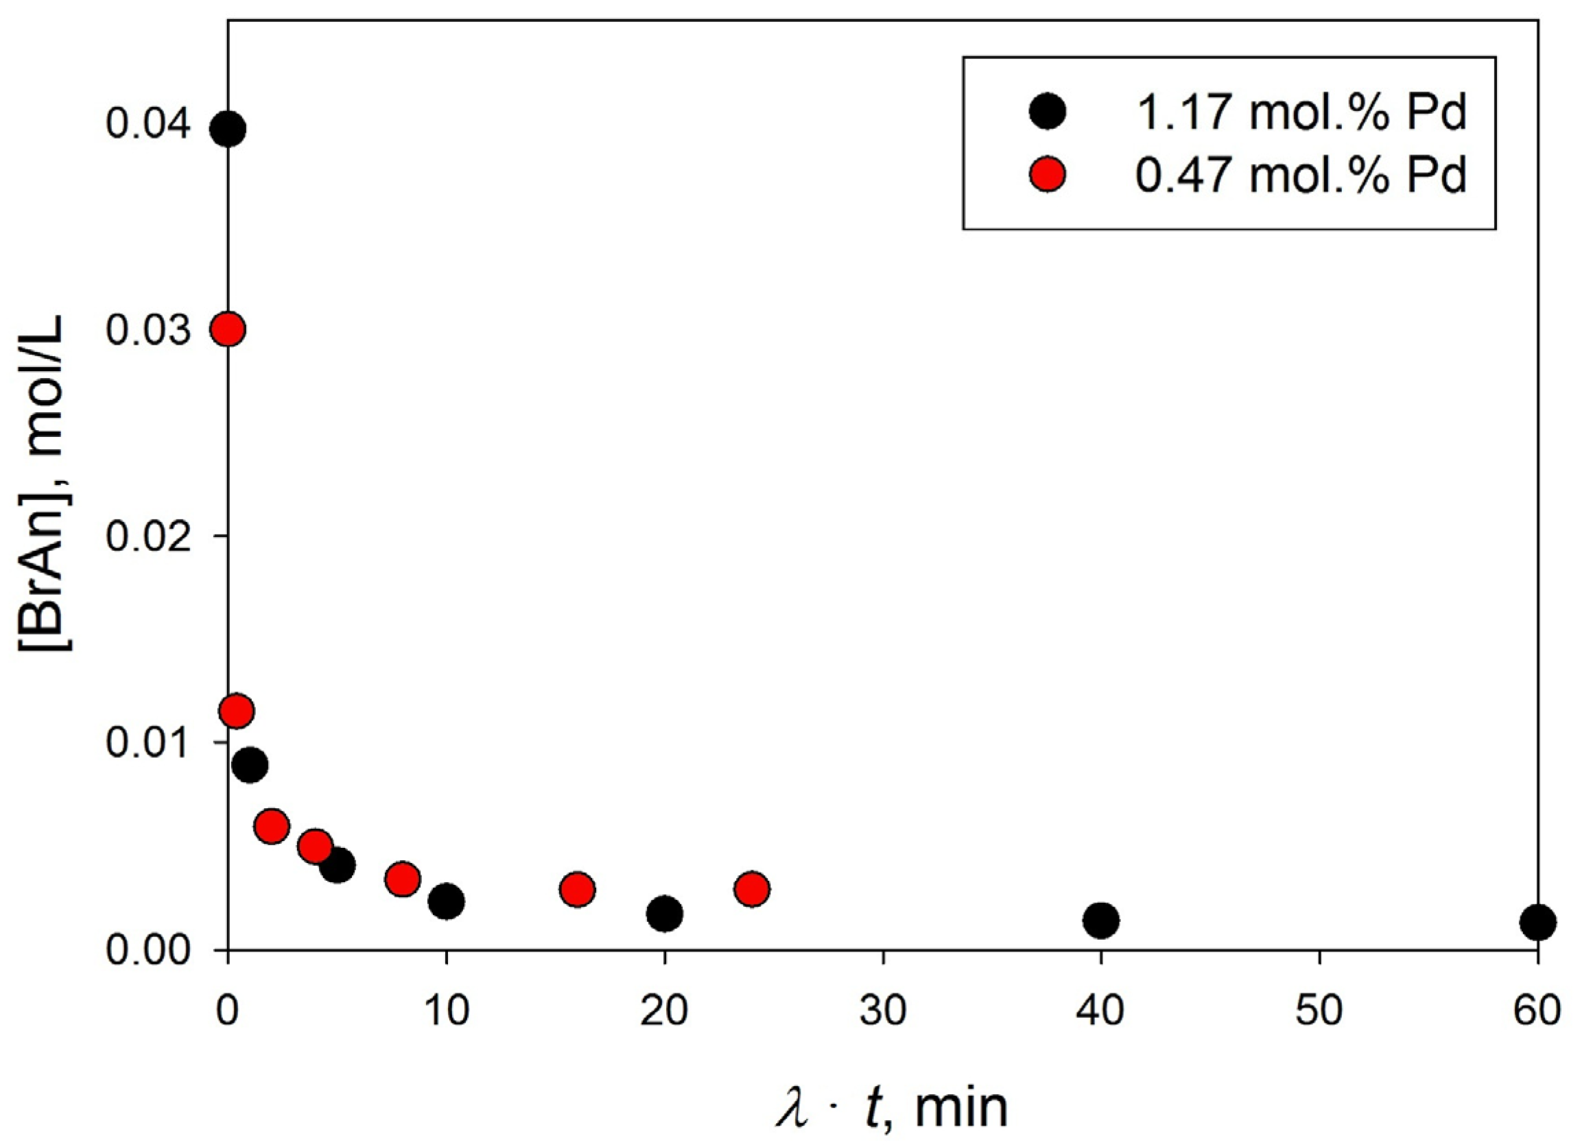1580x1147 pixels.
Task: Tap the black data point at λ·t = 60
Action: [1537, 922]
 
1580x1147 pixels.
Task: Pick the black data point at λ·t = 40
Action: [1100, 921]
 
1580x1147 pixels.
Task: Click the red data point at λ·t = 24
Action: [752, 888]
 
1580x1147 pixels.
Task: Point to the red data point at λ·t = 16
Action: [577, 889]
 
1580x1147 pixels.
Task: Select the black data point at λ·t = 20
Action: [665, 913]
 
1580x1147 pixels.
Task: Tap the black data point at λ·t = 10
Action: [447, 902]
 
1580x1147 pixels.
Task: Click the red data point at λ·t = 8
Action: [403, 879]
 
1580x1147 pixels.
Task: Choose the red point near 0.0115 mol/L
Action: [236, 711]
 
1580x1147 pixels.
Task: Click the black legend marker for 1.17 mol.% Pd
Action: [1047, 112]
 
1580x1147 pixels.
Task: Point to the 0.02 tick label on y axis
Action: [148, 537]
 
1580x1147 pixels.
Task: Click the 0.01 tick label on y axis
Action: [148, 743]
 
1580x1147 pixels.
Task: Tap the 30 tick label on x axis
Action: [883, 1010]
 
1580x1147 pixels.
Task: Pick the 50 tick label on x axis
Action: [1319, 1010]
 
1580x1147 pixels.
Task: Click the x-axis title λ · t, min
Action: [892, 1107]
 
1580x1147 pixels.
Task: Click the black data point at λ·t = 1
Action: [250, 766]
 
